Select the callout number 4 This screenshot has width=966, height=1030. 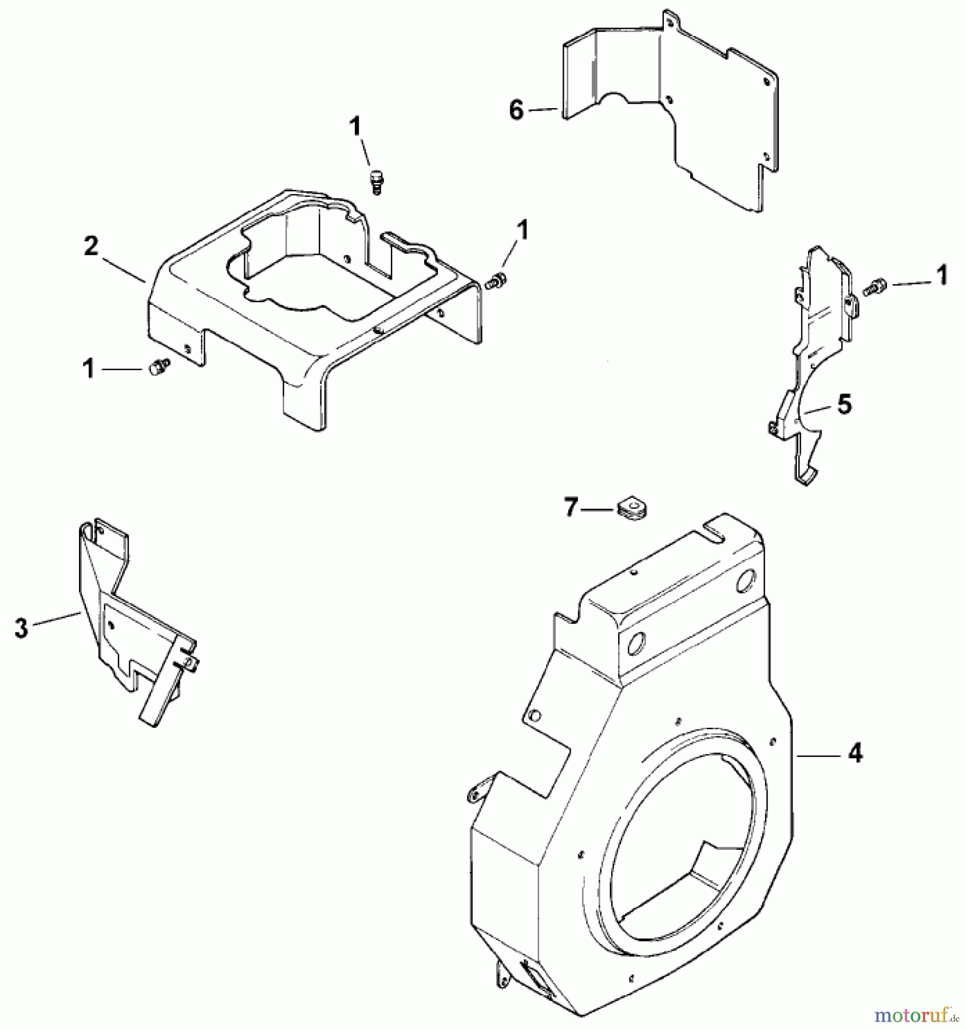(x=854, y=755)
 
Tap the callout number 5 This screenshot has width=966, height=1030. (x=844, y=405)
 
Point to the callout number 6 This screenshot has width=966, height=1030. (x=516, y=110)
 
